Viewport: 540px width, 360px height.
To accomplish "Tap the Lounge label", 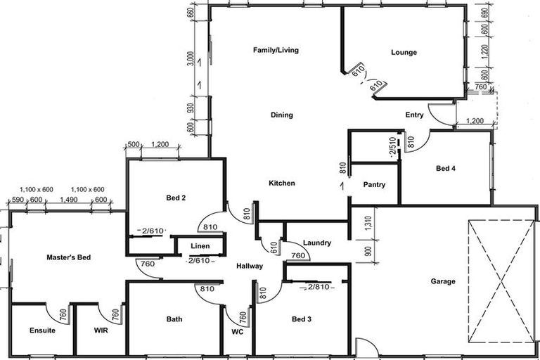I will tap(404, 53).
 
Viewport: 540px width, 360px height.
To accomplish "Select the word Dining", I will tap(282, 115).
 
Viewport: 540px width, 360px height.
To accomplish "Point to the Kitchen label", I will tap(282, 184).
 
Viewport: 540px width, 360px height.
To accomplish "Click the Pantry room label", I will tap(374, 185).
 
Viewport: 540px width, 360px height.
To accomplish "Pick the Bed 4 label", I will tap(446, 168).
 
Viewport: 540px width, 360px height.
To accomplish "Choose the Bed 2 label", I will tap(176, 198).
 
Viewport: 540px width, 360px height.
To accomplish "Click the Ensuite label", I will tap(42, 330).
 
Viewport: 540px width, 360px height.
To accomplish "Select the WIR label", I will tap(100, 330).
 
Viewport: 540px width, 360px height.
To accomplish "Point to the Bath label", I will tap(174, 319).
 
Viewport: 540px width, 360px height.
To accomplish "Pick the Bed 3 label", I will tap(302, 320).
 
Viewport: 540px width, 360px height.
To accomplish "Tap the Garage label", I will tap(443, 281).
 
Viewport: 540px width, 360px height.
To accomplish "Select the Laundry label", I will tap(317, 243).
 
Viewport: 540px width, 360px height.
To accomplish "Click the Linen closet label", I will tap(200, 247).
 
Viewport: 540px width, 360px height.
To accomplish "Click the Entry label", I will tap(415, 115).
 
